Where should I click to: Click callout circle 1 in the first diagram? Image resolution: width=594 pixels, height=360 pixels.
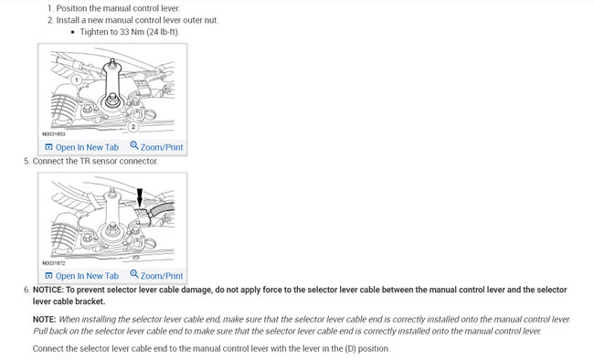click(x=76, y=80)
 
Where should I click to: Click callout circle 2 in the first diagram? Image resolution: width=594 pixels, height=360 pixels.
click(x=133, y=127)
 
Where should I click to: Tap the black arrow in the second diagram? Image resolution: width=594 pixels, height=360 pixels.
click(x=140, y=197)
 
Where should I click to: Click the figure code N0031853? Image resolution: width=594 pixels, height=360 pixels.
click(x=54, y=133)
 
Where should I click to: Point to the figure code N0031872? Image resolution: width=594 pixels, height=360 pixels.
click(x=54, y=263)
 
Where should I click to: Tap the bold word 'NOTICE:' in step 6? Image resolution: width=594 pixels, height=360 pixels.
click(x=48, y=290)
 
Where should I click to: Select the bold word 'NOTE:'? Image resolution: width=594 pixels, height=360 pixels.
click(x=45, y=319)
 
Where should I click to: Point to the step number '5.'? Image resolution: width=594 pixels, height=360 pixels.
click(x=27, y=161)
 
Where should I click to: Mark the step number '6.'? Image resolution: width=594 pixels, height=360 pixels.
click(x=27, y=290)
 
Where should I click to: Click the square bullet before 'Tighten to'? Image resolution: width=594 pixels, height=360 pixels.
click(x=73, y=32)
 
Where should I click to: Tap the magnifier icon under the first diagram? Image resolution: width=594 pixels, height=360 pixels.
click(x=134, y=145)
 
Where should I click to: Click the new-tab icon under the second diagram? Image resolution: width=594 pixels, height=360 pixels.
click(x=48, y=276)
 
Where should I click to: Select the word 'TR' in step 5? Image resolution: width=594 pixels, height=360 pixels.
click(x=84, y=161)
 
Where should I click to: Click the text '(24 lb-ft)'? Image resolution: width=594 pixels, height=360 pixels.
click(x=163, y=32)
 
